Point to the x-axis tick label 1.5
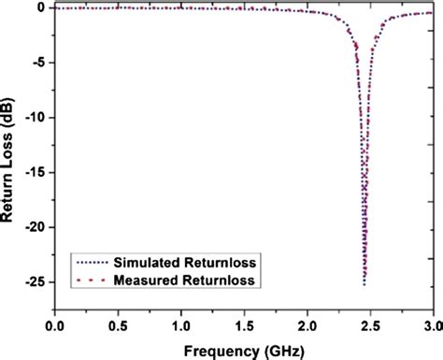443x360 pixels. [x=245, y=324]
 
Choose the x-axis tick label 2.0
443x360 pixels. [x=308, y=324]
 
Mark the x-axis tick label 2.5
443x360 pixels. [x=371, y=324]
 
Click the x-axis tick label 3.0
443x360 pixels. [x=431, y=324]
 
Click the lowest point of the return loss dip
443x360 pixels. [x=364, y=283]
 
